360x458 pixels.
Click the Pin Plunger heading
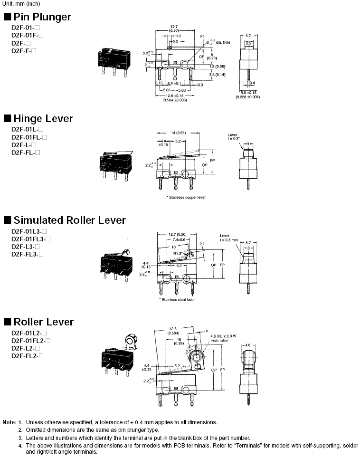[42, 17]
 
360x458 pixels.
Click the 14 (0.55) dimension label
[179, 133]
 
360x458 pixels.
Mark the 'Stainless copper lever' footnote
[186, 197]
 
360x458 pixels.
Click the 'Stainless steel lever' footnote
[177, 299]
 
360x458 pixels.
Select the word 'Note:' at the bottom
[9, 422]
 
